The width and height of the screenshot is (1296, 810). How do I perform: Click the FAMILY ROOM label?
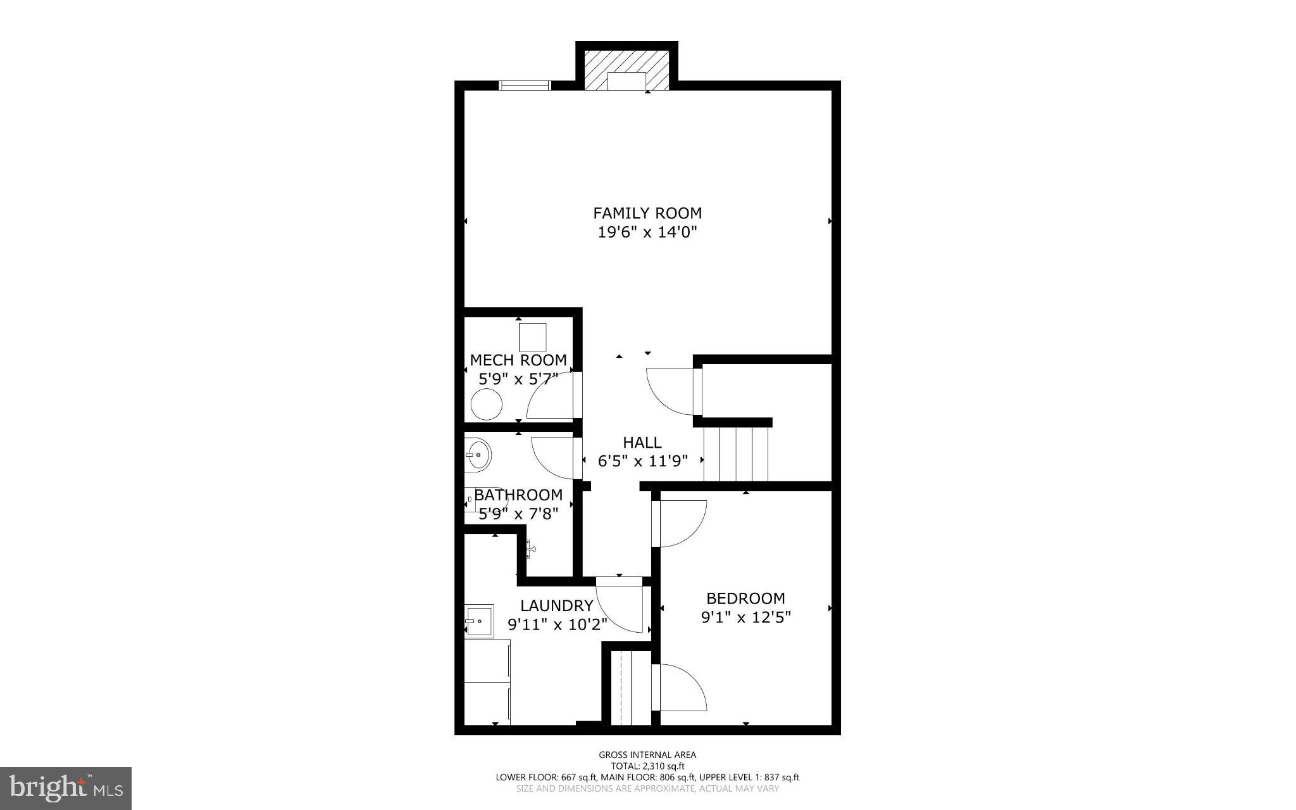(647, 213)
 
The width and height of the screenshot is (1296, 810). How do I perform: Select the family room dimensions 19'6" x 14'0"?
(647, 232)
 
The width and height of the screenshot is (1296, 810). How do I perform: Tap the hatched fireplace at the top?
(626, 69)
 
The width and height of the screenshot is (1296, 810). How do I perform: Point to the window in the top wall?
(524, 85)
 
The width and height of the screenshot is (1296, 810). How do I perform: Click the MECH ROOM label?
(518, 360)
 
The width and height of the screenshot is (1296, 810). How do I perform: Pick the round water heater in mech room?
(487, 404)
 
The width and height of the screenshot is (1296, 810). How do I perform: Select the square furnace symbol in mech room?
(533, 337)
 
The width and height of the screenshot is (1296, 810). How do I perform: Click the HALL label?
(642, 442)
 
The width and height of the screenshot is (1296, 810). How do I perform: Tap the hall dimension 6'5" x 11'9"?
(642, 461)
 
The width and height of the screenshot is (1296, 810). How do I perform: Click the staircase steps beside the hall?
(736, 453)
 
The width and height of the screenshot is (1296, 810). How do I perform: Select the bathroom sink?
(478, 453)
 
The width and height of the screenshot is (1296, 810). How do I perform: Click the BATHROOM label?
(518, 495)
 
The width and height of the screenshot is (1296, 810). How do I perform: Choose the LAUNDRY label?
(557, 605)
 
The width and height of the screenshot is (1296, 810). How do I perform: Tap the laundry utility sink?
(478, 621)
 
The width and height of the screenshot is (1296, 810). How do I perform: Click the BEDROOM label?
(745, 598)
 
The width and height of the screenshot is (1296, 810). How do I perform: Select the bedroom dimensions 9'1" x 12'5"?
(745, 617)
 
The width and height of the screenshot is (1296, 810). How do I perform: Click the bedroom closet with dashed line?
(626, 687)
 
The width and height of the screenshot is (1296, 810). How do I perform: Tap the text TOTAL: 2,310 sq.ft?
(647, 766)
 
